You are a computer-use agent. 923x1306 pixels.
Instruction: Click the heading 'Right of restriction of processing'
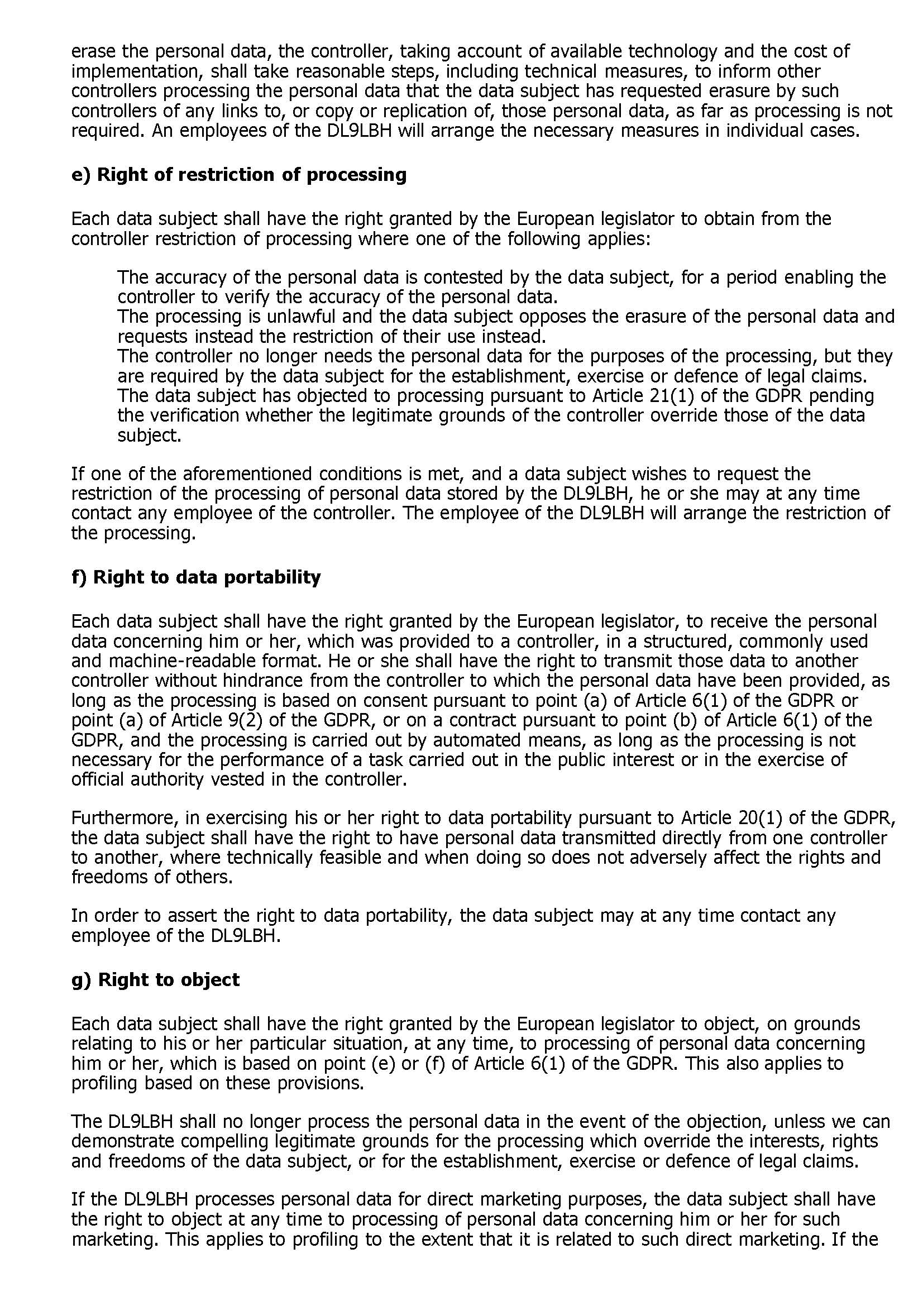[239, 175]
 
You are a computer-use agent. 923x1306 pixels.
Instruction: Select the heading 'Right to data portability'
[195, 577]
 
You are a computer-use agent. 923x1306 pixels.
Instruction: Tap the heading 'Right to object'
[155, 979]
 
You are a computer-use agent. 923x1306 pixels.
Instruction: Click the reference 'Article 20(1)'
[732, 817]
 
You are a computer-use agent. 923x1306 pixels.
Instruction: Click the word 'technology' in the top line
[672, 51]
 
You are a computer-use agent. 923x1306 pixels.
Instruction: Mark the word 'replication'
[441, 111]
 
